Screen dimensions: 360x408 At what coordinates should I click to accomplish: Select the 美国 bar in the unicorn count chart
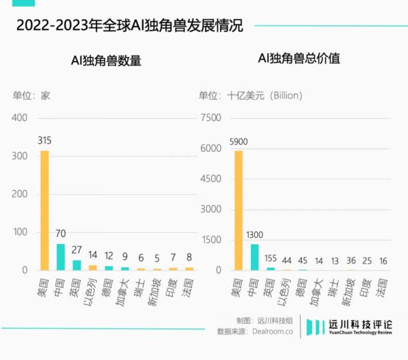click(x=45, y=210)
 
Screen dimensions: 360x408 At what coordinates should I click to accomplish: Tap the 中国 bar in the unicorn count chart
click(x=61, y=256)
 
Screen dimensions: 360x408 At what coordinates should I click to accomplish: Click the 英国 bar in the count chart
click(x=77, y=265)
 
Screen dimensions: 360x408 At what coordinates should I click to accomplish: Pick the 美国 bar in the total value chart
click(x=239, y=210)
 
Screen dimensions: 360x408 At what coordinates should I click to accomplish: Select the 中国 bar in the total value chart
click(x=255, y=257)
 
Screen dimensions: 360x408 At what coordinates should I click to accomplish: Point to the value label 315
click(x=45, y=141)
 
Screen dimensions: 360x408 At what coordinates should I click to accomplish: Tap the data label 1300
click(x=255, y=234)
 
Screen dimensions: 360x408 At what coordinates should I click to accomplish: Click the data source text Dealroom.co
click(x=269, y=331)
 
